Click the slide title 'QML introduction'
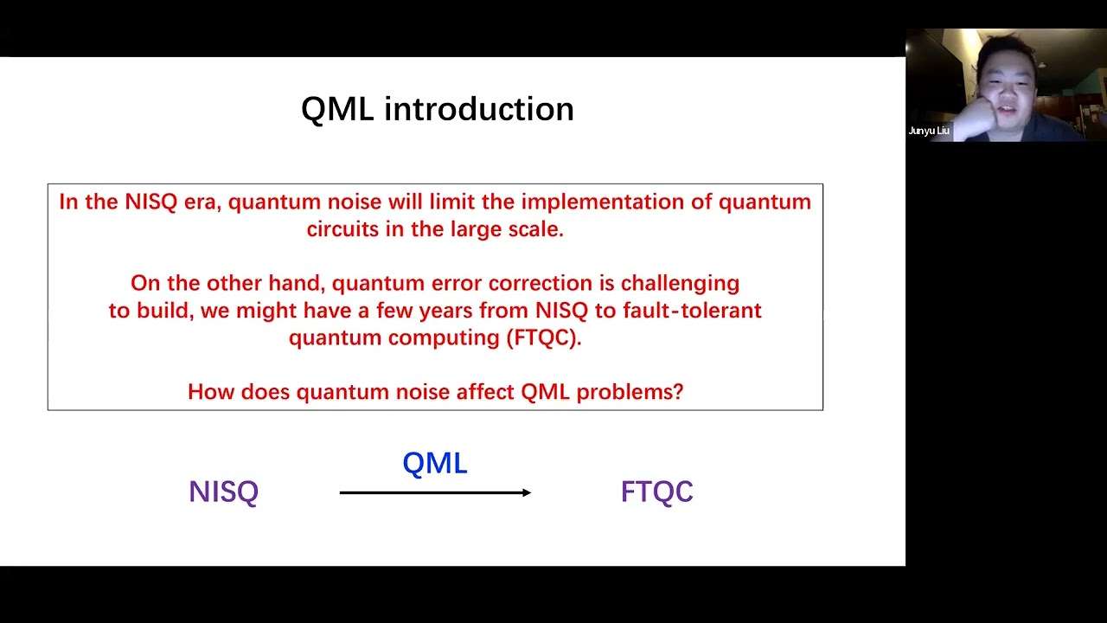(x=437, y=110)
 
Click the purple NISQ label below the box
(x=223, y=491)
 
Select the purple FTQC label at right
(x=656, y=491)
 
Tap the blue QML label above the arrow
(x=434, y=463)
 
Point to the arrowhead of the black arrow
(x=526, y=492)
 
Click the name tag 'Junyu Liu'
(x=929, y=131)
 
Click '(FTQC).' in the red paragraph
(x=543, y=337)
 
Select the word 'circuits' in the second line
(x=342, y=229)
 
